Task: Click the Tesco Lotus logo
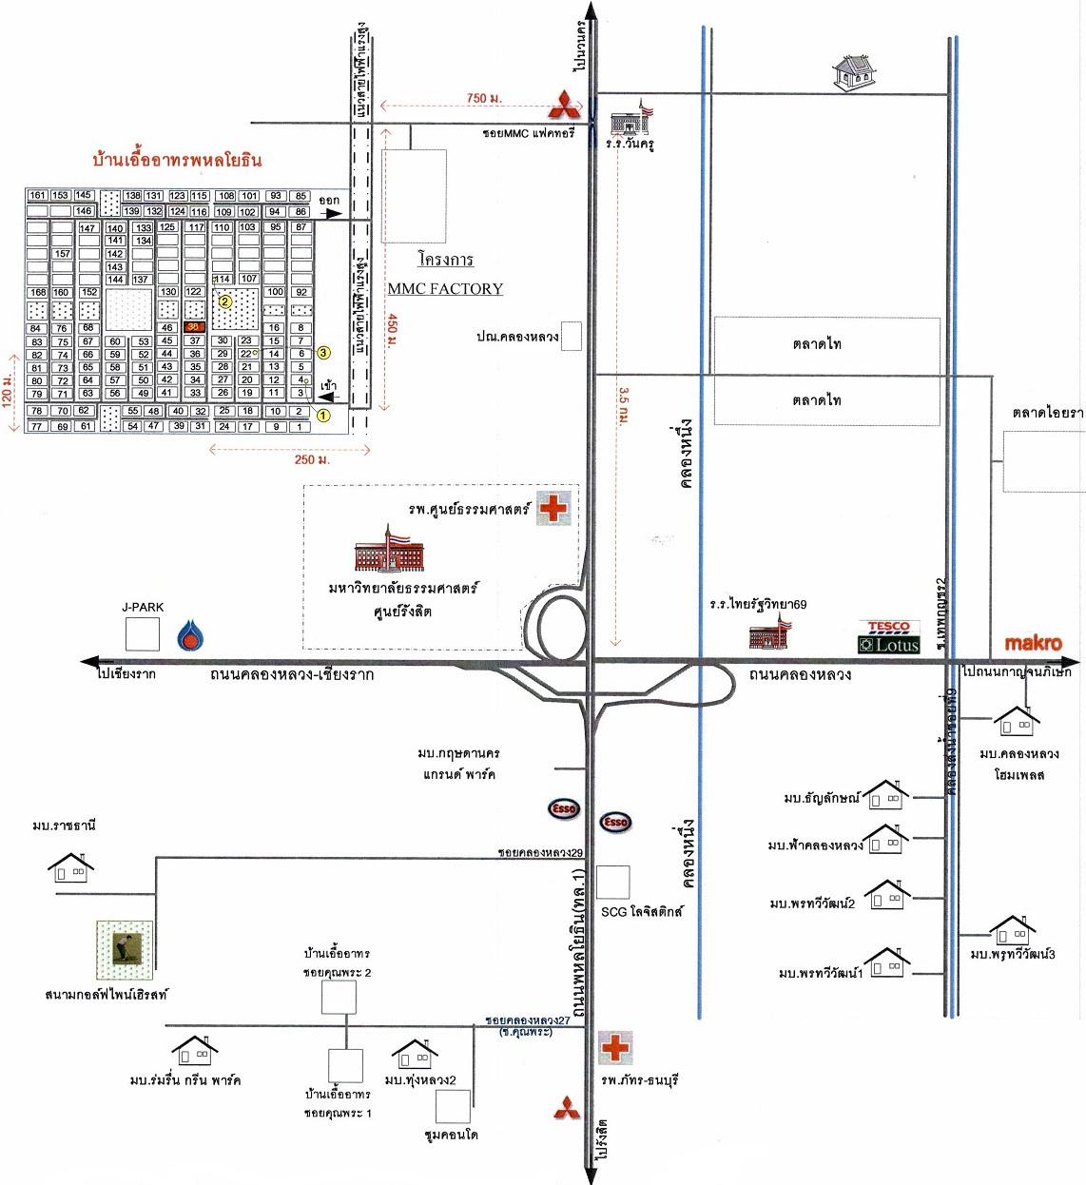889,637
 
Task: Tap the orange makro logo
1033,643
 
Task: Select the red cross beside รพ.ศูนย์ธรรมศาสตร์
553,508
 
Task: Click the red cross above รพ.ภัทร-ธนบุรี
615,1047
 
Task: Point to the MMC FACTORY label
445,288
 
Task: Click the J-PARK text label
143,607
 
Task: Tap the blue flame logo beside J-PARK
190,634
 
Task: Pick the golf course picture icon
124,949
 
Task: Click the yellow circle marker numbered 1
322,415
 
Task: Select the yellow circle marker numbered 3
323,353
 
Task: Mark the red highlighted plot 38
194,326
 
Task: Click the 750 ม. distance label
484,98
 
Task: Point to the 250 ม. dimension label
312,459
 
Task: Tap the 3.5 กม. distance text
624,404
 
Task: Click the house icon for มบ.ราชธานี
70,866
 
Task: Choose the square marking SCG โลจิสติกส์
613,882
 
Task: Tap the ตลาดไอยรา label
1048,413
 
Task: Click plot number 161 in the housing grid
37,195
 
